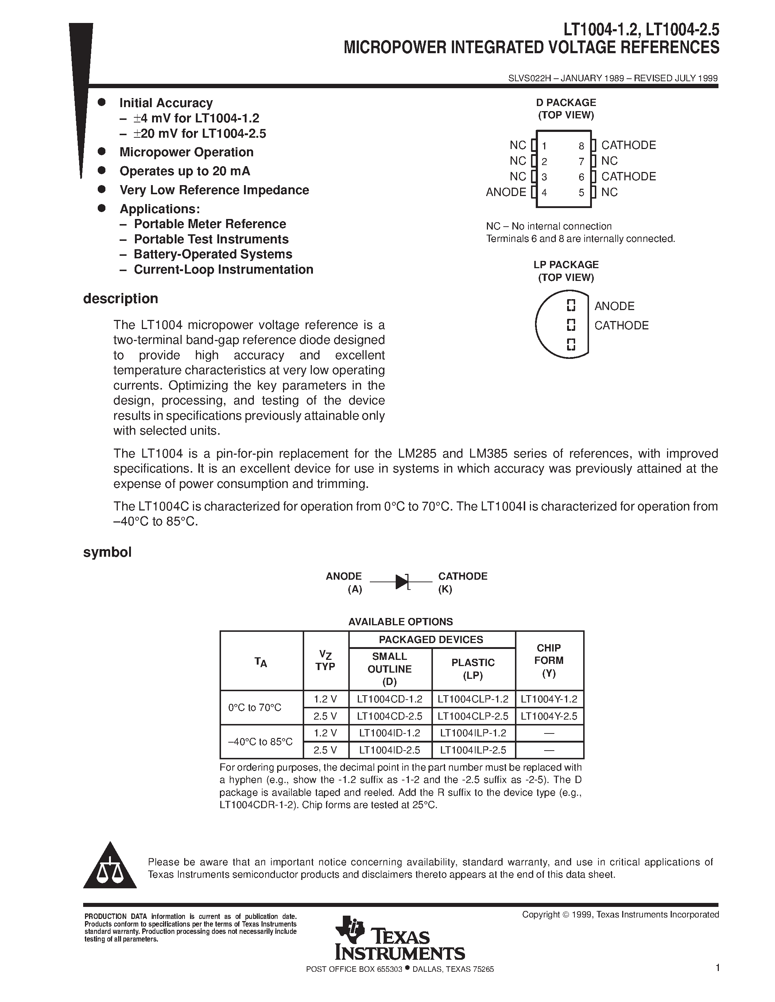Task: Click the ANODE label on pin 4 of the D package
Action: pyautogui.click(x=506, y=192)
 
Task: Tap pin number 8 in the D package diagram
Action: pyautogui.click(x=581, y=146)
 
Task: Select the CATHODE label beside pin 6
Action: pyautogui.click(x=628, y=176)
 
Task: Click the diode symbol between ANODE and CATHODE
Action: pyautogui.click(x=402, y=582)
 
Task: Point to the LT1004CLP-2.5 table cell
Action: pyautogui.click(x=473, y=716)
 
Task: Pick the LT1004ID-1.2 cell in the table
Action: pyautogui.click(x=390, y=733)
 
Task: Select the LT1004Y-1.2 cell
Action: pyautogui.click(x=549, y=699)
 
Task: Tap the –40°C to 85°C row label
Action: pyautogui.click(x=260, y=741)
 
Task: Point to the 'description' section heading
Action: pyautogui.click(x=120, y=299)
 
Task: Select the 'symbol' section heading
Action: pyautogui.click(x=107, y=552)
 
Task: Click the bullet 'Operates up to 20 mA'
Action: pyautogui.click(x=185, y=171)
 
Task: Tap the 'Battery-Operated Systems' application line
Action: pyautogui.click(x=213, y=254)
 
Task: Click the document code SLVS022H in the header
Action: pyautogui.click(x=529, y=78)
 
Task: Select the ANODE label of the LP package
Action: pyautogui.click(x=614, y=306)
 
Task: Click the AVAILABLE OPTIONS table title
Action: pyautogui.click(x=400, y=622)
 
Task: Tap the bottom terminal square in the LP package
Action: pyautogui.click(x=571, y=344)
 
